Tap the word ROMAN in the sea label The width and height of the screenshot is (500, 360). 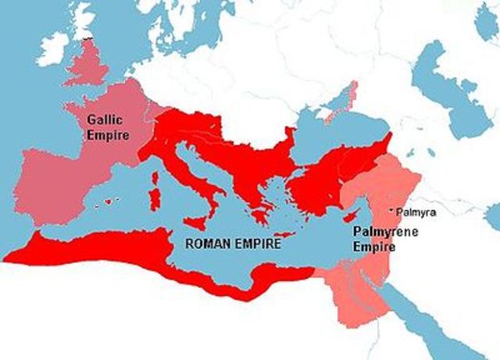[x=206, y=243]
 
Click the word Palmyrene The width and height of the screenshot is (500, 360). [x=372, y=232]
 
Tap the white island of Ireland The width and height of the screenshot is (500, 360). [x=54, y=48]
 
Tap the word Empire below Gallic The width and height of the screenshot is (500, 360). [x=106, y=134]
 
